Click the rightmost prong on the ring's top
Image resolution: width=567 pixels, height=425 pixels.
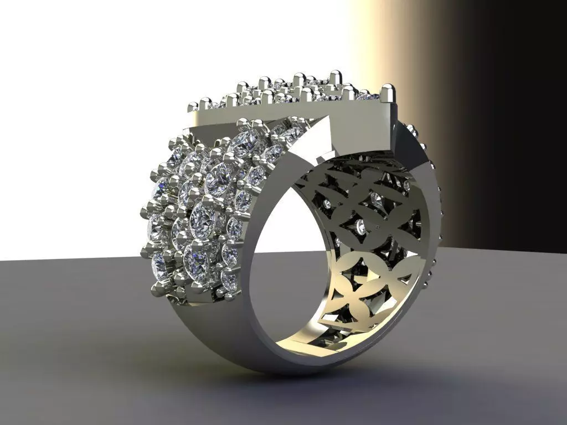(388, 92)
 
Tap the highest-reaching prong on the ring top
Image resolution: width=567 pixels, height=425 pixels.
(334, 76)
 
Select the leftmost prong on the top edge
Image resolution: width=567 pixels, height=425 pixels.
(193, 106)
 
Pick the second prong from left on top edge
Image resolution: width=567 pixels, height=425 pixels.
(205, 103)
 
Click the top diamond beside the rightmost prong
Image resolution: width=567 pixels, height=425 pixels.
(367, 96)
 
